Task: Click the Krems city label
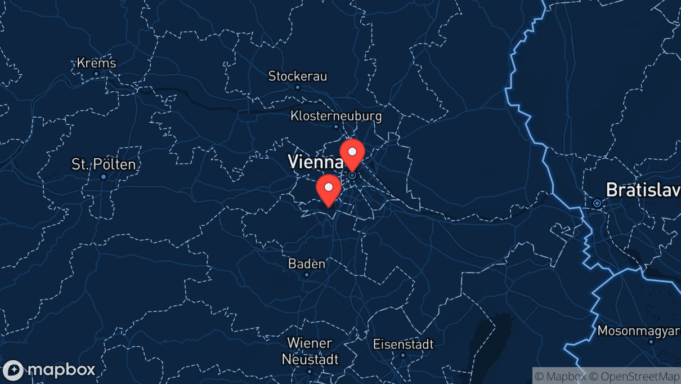96,62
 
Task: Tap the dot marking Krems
96,74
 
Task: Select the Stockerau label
297,76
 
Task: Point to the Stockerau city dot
298,87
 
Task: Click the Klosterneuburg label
336,116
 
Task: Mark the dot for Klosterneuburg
336,127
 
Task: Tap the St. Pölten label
104,164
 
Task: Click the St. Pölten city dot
104,177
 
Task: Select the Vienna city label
315,162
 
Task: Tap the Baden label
307,264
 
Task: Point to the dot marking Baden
307,275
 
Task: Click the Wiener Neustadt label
310,351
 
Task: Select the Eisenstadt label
403,344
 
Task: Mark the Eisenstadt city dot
403,355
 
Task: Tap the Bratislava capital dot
597,203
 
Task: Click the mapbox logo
50,370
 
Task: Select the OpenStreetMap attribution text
640,376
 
